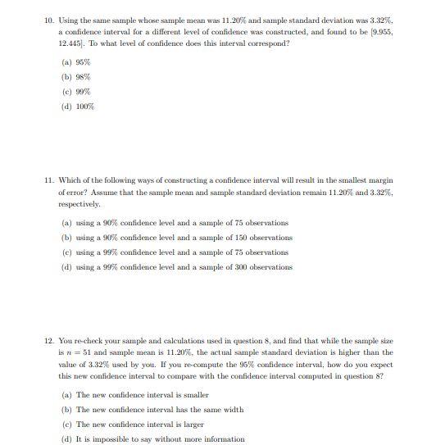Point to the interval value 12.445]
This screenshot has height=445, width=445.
73,43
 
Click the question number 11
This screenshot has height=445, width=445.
48,180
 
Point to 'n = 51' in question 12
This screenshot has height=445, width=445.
81,352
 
